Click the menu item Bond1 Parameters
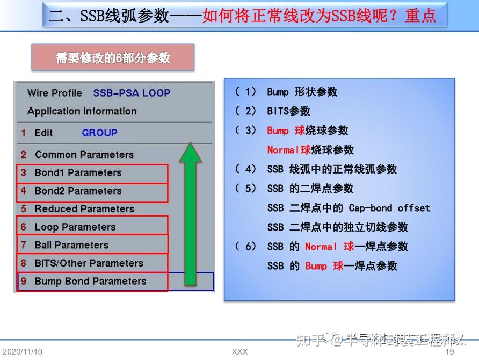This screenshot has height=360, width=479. tap(78, 173)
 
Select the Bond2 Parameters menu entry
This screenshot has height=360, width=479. tap(78, 191)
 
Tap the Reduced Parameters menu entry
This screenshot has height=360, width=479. tap(84, 209)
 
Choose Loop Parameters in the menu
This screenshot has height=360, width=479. tap(75, 227)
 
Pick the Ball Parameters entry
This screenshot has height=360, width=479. tap(71, 245)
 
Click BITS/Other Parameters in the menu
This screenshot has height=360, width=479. tap(89, 263)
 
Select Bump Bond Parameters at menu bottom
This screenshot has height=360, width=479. tap(90, 282)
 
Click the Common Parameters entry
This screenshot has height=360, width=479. tap(84, 155)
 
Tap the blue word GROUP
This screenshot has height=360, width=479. tap(99, 133)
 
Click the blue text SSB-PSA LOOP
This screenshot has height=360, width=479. tap(132, 93)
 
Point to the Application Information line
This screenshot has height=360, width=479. tap(82, 111)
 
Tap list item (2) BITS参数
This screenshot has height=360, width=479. tap(288, 111)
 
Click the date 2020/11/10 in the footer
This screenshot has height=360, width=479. tap(22, 352)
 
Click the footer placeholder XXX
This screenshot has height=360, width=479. tap(240, 352)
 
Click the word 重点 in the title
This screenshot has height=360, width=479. tap(420, 15)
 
